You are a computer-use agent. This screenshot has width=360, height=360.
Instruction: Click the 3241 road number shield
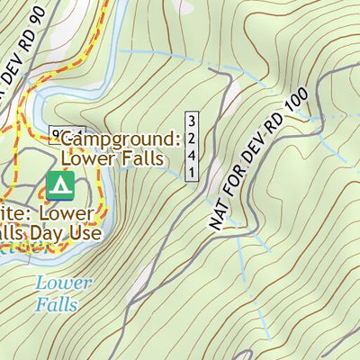pyautogui.click(x=192, y=147)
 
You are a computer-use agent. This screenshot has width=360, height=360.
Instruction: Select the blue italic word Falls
pyautogui.click(x=57, y=304)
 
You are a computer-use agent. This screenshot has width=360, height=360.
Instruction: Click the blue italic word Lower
pyautogui.click(x=63, y=283)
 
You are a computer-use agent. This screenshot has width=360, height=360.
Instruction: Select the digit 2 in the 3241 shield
pyautogui.click(x=192, y=132)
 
